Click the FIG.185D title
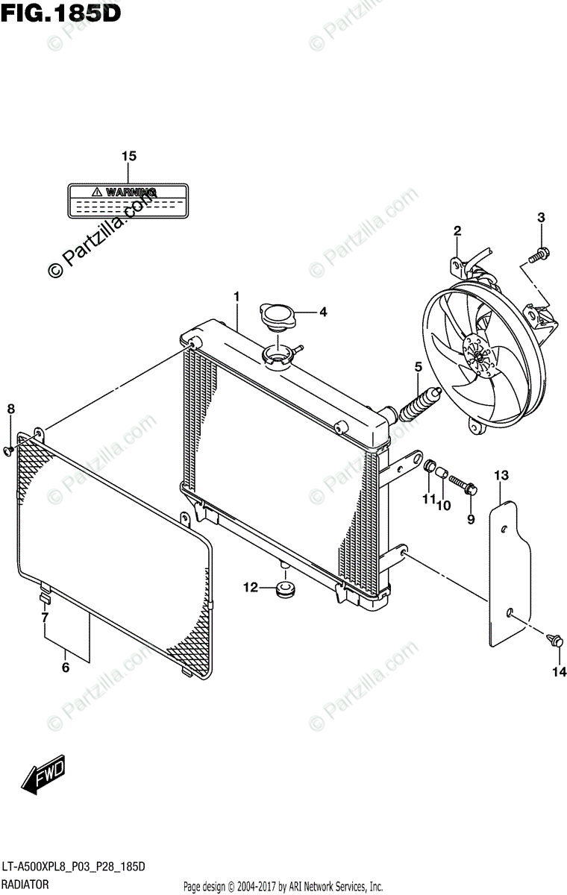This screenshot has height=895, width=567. click(60, 13)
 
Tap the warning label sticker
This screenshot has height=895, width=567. click(127, 201)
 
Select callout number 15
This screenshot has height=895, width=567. click(129, 157)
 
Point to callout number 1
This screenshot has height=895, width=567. click(236, 297)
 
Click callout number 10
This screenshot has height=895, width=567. click(444, 505)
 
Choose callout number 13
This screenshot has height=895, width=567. click(501, 475)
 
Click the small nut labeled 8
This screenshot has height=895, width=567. click(10, 449)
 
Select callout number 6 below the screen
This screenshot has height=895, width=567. click(66, 668)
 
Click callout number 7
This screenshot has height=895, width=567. click(45, 618)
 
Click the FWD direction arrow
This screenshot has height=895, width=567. click(45, 775)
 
